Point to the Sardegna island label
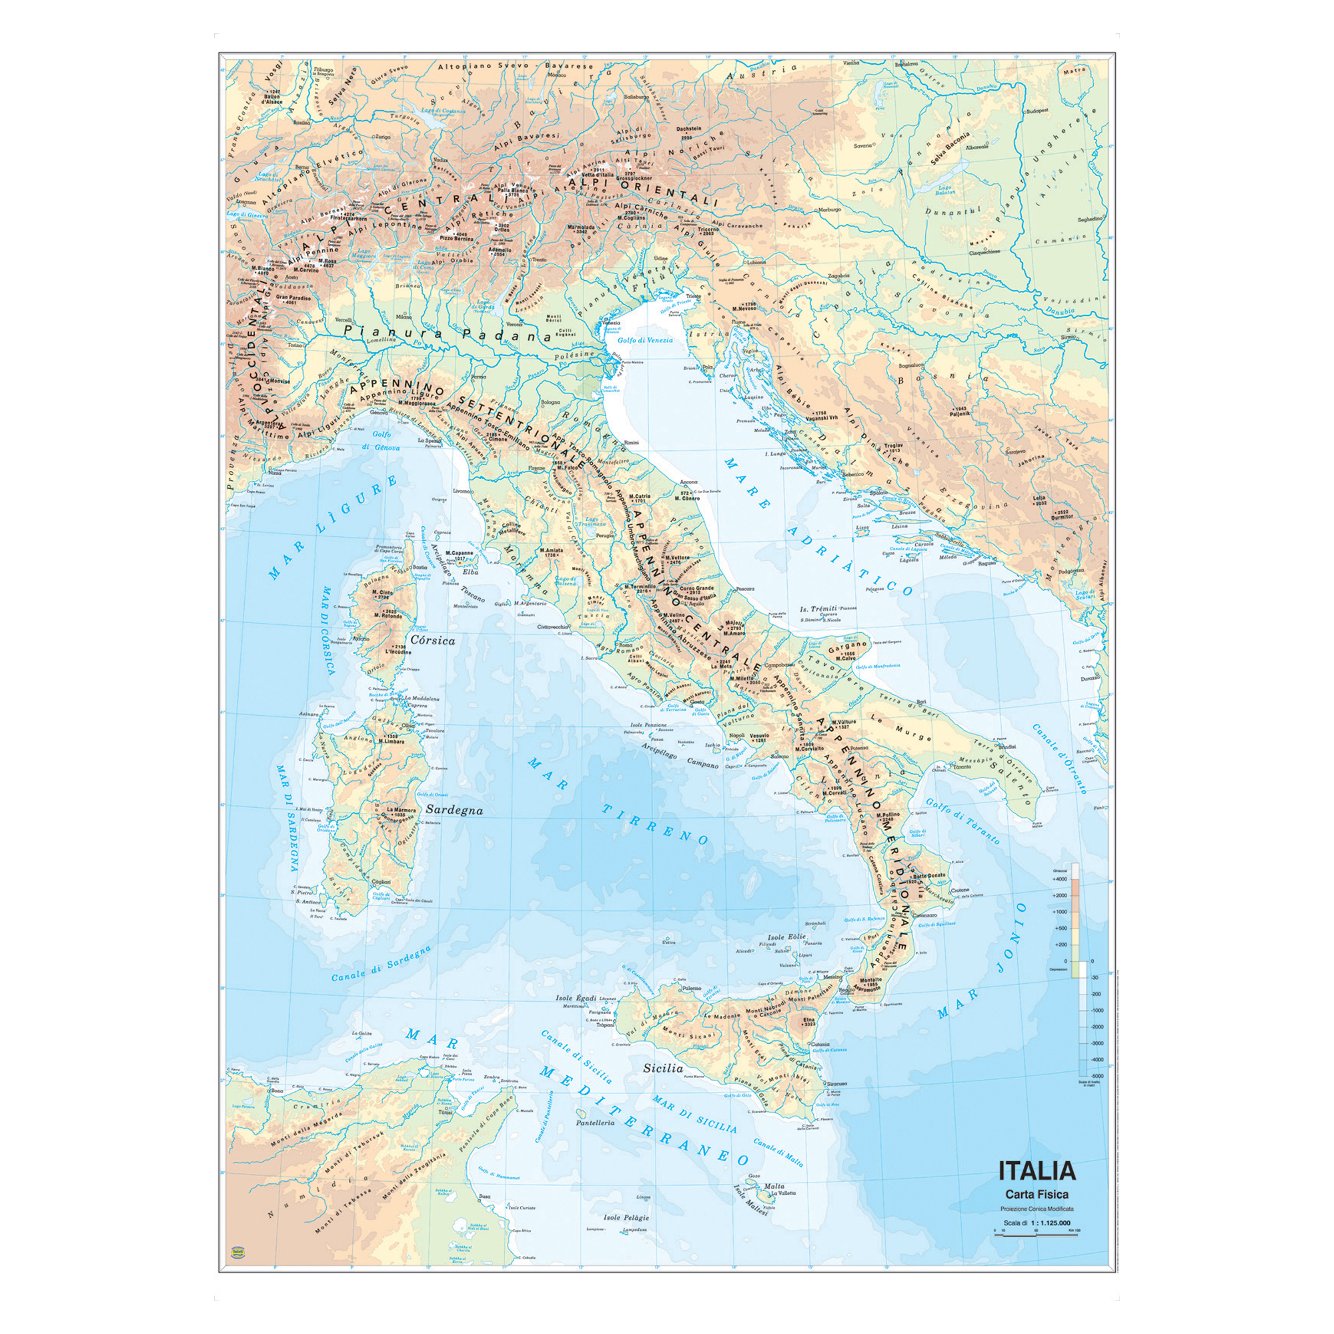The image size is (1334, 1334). coord(454,810)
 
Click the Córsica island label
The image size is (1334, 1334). coord(432,640)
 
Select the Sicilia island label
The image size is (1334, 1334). coord(663,1068)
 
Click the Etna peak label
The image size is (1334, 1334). coord(808,1019)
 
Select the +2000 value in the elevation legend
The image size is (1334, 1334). coord(1059,896)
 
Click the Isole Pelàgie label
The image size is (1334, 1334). coord(626,1217)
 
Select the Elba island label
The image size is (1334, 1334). coord(470,572)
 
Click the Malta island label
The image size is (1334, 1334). coord(774,1186)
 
